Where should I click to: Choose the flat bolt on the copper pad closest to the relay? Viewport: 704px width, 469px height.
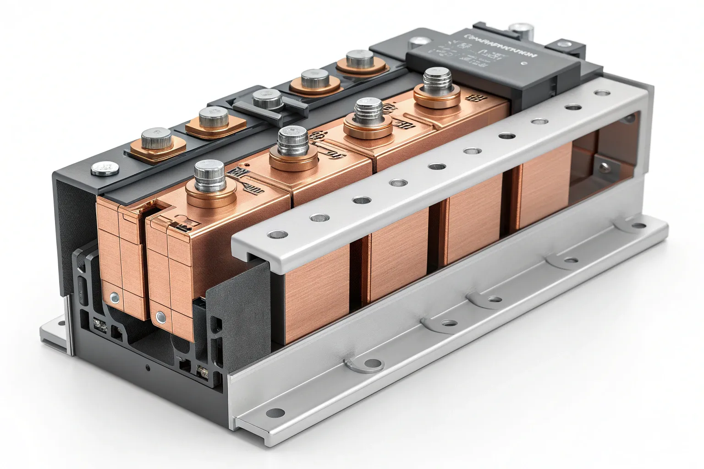coord(360,60)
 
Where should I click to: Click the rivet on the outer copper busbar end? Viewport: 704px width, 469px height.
coord(114,299)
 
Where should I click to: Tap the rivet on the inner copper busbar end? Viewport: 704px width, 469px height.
coord(160,316)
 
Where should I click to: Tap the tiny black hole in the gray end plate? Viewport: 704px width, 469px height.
coord(147,367)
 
